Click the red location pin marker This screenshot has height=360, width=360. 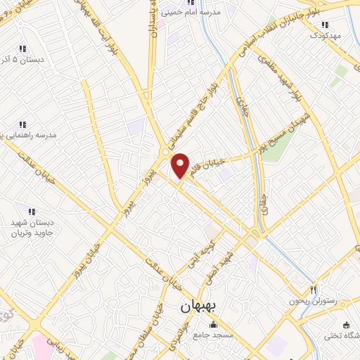click(x=181, y=165)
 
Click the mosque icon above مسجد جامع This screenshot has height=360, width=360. click(x=214, y=326)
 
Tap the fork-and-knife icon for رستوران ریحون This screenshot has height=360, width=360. click(x=314, y=290)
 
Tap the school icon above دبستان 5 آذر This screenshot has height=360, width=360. click(x=22, y=49)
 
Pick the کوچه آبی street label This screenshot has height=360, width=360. click(x=193, y=257)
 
